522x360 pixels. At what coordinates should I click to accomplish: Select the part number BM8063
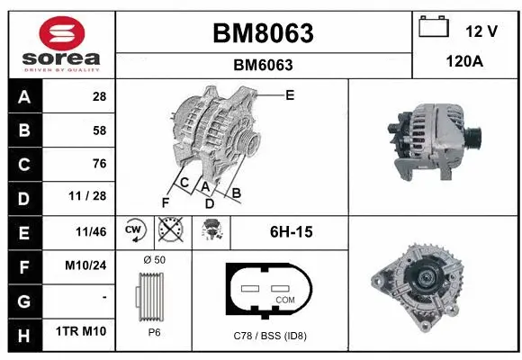(263, 33)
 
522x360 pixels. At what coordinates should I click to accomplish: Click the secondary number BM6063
(263, 65)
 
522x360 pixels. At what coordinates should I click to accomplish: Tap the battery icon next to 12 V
(434, 29)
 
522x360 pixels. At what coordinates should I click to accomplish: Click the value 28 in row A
(99, 96)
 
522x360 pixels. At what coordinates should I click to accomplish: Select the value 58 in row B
(99, 130)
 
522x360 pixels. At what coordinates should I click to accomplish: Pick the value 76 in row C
(99, 164)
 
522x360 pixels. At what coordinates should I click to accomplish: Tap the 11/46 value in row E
(92, 231)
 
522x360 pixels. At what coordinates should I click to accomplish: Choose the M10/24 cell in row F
(88, 265)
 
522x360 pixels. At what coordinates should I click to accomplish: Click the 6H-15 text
(291, 232)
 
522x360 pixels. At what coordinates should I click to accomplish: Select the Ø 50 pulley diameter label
(154, 260)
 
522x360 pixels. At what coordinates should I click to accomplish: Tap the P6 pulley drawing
(154, 297)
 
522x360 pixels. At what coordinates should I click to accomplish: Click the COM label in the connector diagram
(284, 300)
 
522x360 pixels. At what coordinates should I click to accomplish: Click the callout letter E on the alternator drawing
(289, 94)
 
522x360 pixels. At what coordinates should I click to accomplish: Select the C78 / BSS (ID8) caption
(269, 337)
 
